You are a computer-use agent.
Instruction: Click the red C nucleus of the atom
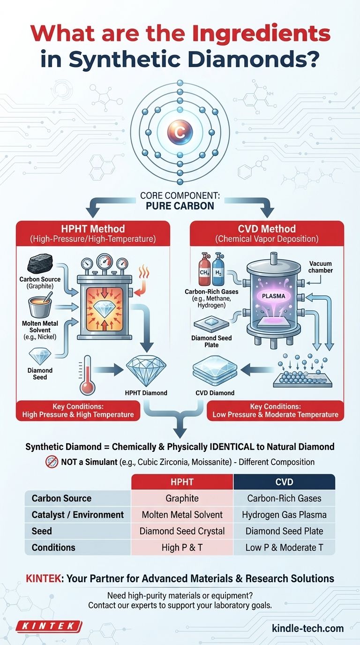tap(180, 132)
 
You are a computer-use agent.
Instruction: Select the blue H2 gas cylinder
tap(217, 271)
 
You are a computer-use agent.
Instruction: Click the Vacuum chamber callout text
tap(321, 267)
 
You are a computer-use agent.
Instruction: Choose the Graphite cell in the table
tap(182, 498)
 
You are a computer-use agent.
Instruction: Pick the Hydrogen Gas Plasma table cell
tap(284, 515)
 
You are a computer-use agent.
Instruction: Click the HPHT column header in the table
tap(182, 481)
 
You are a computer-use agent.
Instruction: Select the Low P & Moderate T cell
tap(284, 547)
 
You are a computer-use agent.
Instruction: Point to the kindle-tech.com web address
tap(307, 628)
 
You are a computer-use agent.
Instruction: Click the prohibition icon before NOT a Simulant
tap(52, 462)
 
